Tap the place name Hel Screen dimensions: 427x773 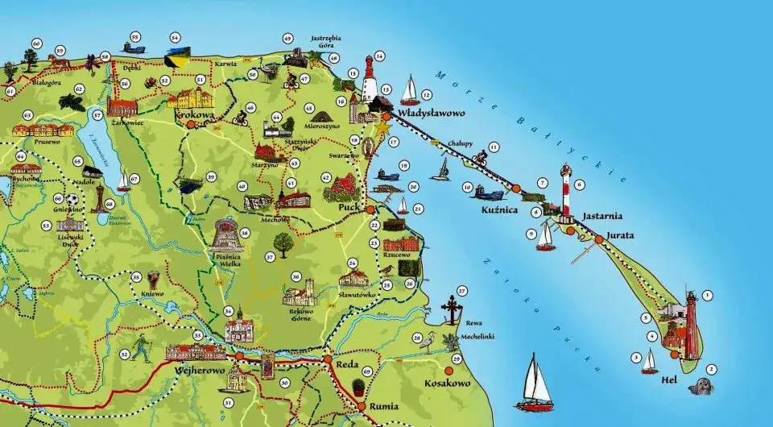tap(667, 379)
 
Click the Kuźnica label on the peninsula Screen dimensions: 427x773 tap(498, 208)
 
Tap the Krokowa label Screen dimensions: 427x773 tap(195, 114)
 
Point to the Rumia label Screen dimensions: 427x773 tap(384, 406)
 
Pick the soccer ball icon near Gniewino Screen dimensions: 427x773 tap(72, 199)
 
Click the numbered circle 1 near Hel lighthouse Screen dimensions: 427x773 tap(708, 296)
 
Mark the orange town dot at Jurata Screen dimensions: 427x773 tap(598, 238)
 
